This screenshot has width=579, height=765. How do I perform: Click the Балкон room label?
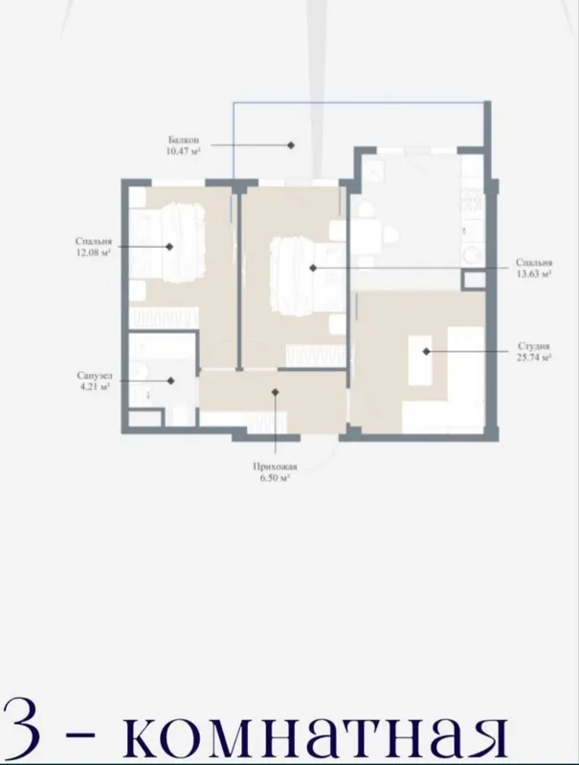[184, 141]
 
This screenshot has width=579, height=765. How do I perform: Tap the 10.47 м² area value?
[184, 151]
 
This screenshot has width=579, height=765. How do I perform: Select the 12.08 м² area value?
[93, 252]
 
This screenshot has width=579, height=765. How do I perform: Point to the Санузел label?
[94, 376]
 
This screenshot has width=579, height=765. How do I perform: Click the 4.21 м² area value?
[94, 387]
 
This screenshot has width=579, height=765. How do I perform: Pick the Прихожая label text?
[275, 467]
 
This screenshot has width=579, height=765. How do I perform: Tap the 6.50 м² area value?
[275, 477]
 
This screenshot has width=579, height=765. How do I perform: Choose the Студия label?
[534, 346]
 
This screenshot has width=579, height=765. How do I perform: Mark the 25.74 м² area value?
[534, 357]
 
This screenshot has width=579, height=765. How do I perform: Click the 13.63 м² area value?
[534, 273]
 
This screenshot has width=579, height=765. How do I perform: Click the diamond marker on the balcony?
[291, 145]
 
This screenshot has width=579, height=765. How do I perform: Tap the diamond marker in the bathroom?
[170, 381]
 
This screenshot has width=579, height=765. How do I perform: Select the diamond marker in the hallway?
[276, 392]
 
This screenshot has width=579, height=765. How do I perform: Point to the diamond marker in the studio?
[426, 351]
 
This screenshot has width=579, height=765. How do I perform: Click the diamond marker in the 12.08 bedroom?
[169, 247]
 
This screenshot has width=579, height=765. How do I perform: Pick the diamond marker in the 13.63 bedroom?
[313, 268]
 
